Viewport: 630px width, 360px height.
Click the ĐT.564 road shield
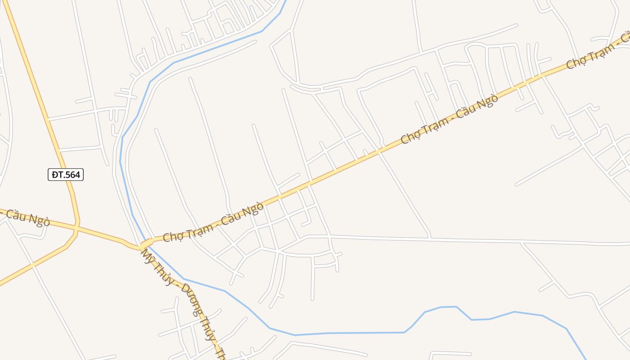(66, 175)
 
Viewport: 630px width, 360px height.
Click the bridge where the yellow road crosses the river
(145, 244)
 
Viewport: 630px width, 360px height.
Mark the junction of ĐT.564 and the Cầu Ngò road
(77, 228)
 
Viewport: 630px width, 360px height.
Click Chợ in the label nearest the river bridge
(171, 235)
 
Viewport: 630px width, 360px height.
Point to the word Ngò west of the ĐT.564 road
(39, 220)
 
